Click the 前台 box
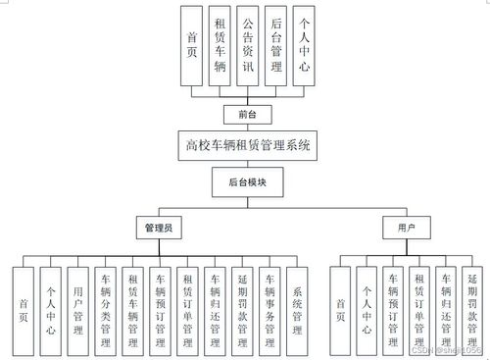coord(247,115)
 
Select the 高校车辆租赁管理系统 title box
coord(247,146)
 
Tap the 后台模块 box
coord(247,182)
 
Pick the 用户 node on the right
coord(406,227)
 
